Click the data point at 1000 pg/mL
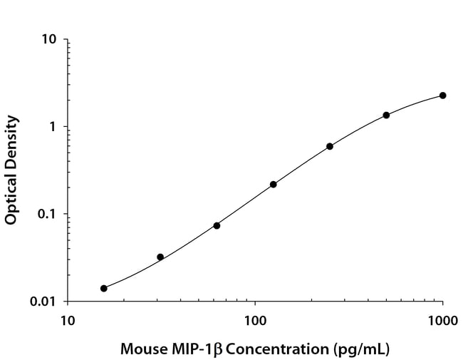tap(442, 96)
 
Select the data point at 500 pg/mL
tap(386, 115)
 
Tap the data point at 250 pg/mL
tap(330, 146)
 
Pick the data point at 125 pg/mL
tap(273, 184)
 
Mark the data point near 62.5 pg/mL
tap(217, 225)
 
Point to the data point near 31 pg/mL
tap(160, 257)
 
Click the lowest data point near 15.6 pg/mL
tap(104, 288)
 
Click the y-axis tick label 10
tap(49, 40)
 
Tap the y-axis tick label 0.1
tap(47, 215)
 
